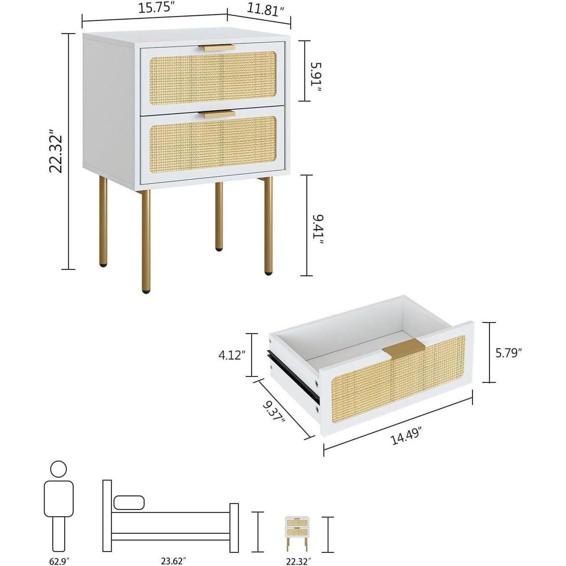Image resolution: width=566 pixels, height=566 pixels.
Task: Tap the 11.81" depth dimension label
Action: coord(265,10)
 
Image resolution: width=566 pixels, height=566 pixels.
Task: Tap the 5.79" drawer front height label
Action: coord(509,353)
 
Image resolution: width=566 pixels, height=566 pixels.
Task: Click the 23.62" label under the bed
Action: coord(174,561)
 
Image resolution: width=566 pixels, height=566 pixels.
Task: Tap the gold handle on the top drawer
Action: coord(217,48)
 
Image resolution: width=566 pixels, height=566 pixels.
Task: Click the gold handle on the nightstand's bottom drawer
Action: coord(217,114)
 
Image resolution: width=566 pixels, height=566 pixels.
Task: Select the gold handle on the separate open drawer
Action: coord(403,347)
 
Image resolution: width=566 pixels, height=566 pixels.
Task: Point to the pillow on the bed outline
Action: coord(129,503)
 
